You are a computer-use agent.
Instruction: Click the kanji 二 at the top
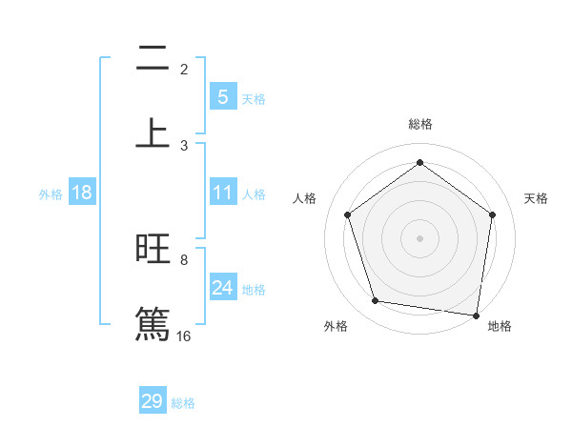153,59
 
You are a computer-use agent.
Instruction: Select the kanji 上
153,132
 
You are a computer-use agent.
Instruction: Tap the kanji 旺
153,250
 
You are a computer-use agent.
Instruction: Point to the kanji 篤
153,323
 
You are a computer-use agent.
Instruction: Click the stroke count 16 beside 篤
184,336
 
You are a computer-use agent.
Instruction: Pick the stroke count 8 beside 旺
184,259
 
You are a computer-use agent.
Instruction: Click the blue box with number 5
222,97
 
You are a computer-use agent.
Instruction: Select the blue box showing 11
222,193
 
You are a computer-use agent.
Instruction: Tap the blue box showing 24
222,288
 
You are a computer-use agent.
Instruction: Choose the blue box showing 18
82,193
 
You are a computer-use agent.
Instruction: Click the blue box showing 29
153,401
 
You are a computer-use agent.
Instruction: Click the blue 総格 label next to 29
183,403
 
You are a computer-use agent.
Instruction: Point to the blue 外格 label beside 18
51,194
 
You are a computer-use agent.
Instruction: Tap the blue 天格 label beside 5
254,99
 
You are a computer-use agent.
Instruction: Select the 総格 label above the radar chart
419,125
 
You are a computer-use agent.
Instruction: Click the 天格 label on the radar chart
536,198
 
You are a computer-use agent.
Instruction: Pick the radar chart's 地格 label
500,326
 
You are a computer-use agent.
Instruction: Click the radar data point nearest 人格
347,214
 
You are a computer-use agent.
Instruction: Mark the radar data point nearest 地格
477,315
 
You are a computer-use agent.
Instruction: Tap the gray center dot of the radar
419,237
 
